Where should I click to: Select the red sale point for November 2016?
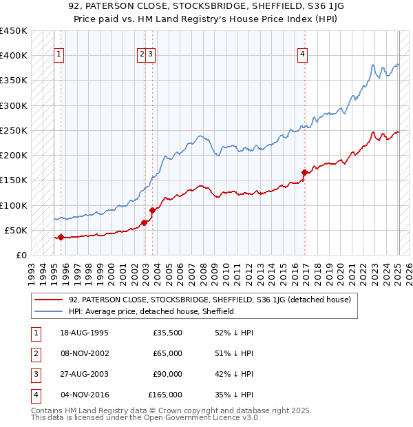point(304,172)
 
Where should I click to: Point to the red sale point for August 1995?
point(61,237)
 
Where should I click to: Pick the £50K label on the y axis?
point(17,230)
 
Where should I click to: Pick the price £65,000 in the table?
point(167,353)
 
